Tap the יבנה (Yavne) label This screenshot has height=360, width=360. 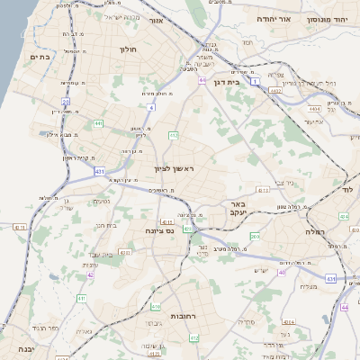pyautogui.click(x=15, y=348)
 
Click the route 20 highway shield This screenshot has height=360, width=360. pyautogui.click(x=64, y=102)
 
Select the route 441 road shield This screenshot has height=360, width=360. pyautogui.click(x=97, y=123)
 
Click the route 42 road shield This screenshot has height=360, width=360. pyautogui.click(x=90, y=274)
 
